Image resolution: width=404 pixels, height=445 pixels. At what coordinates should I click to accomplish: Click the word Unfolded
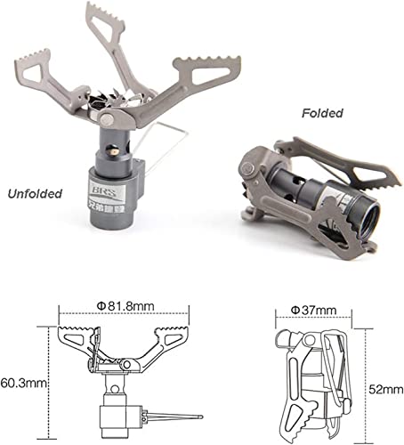(35, 194)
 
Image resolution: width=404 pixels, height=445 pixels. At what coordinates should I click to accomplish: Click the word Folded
(322, 113)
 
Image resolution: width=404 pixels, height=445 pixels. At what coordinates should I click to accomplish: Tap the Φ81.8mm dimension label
(125, 306)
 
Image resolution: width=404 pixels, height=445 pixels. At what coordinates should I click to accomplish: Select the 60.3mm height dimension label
(24, 384)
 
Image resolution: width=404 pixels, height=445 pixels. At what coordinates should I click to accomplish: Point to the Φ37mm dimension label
(313, 311)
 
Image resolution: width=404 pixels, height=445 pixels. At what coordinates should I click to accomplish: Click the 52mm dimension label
(386, 389)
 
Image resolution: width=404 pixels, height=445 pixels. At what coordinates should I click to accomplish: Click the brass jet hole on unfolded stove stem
(114, 151)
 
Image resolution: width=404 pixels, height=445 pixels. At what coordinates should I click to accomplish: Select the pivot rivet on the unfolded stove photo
(107, 120)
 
